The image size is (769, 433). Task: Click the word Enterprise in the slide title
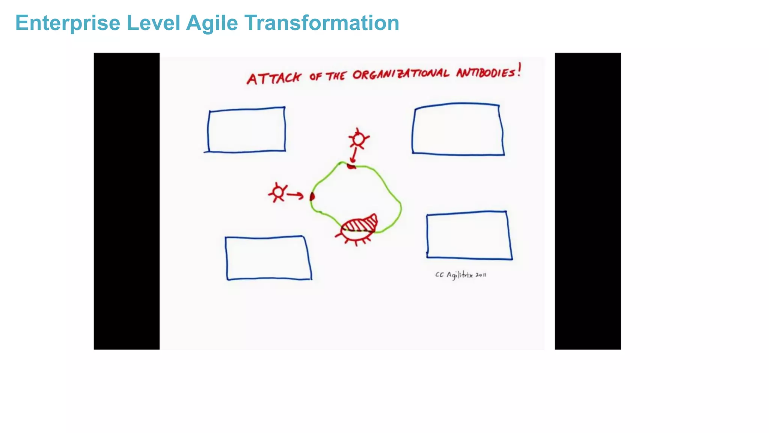tap(68, 23)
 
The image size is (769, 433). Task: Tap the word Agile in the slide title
tap(212, 23)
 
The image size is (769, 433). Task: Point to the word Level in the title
tap(153, 23)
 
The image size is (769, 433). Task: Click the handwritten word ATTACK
tap(274, 78)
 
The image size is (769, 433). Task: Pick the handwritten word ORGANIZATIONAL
tap(400, 74)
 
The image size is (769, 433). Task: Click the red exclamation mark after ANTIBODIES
tap(519, 70)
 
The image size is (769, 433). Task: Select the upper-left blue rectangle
tap(246, 130)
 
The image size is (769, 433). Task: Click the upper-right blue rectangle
tap(458, 129)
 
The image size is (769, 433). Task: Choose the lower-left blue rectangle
tap(268, 258)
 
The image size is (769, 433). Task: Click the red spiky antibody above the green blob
tap(359, 139)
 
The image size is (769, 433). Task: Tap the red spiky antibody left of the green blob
tap(278, 192)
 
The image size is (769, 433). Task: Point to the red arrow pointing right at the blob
tap(295, 195)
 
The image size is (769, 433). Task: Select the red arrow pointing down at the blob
tap(354, 154)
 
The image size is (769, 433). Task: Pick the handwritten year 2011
tap(481, 275)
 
